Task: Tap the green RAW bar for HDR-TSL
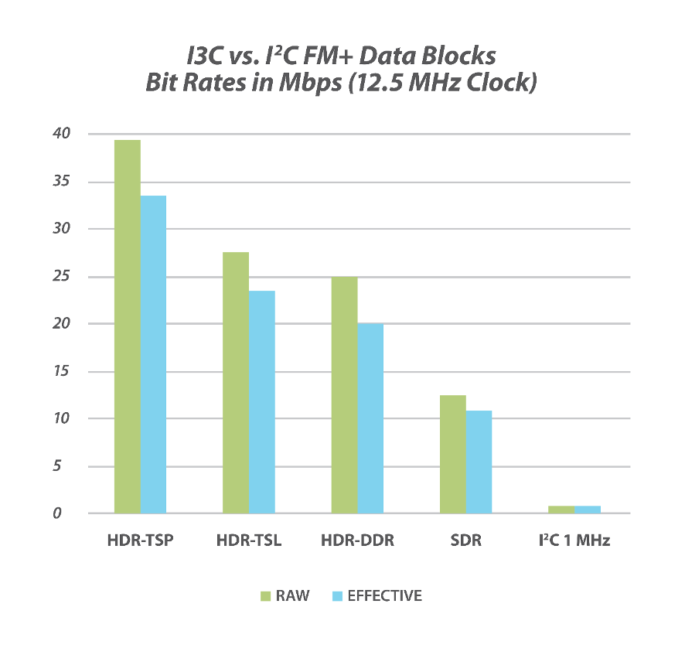[236, 383]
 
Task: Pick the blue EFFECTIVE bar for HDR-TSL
[262, 402]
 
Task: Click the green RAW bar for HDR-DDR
[344, 394]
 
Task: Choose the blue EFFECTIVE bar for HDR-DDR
[370, 418]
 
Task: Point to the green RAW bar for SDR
[453, 454]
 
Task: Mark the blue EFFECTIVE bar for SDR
[479, 462]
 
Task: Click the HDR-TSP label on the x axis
[140, 541]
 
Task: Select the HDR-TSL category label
[249, 541]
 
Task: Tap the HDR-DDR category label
[357, 541]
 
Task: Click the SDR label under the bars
[465, 541]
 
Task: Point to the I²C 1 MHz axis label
[574, 541]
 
